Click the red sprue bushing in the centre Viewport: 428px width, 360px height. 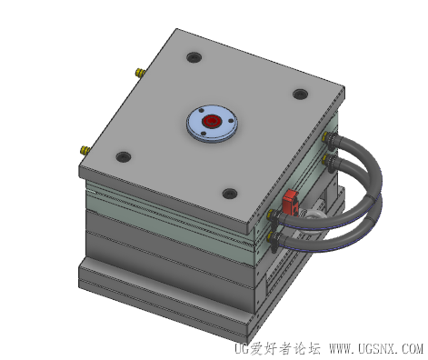211,122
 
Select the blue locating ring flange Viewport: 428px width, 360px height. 212,124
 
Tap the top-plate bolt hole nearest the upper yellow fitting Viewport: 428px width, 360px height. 194,57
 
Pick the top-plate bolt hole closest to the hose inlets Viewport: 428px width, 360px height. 301,94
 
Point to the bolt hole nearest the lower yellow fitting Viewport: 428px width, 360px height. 124,156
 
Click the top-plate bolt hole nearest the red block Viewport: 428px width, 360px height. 230,193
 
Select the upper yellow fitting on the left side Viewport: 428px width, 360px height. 140,73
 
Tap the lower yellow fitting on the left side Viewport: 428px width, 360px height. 85,150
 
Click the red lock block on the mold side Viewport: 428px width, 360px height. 291,202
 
